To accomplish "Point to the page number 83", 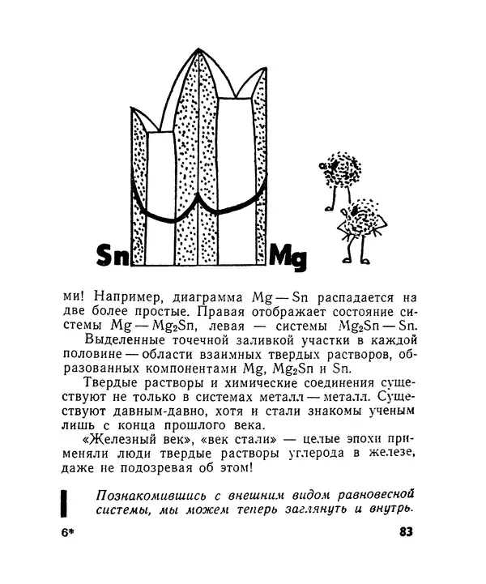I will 406,532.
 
